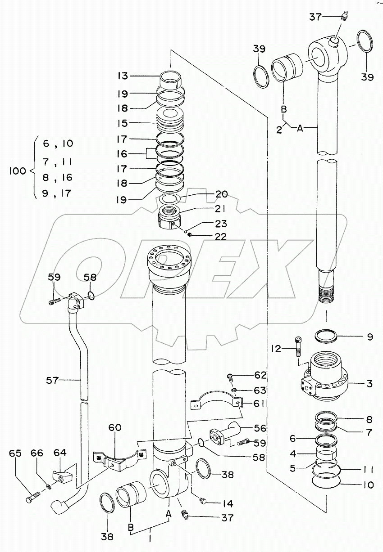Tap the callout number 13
click(x=123, y=76)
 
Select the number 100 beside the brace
click(x=18, y=171)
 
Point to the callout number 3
click(x=369, y=384)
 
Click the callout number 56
click(x=260, y=428)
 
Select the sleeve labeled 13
click(x=171, y=80)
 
